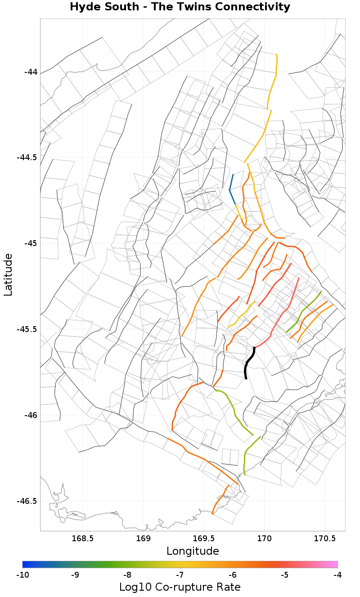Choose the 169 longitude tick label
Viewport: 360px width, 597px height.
[x=143, y=538]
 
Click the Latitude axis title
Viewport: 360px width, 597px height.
[x=8, y=274]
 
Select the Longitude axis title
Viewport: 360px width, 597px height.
[x=193, y=551]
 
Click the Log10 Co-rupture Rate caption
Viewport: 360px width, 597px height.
[x=180, y=587]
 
